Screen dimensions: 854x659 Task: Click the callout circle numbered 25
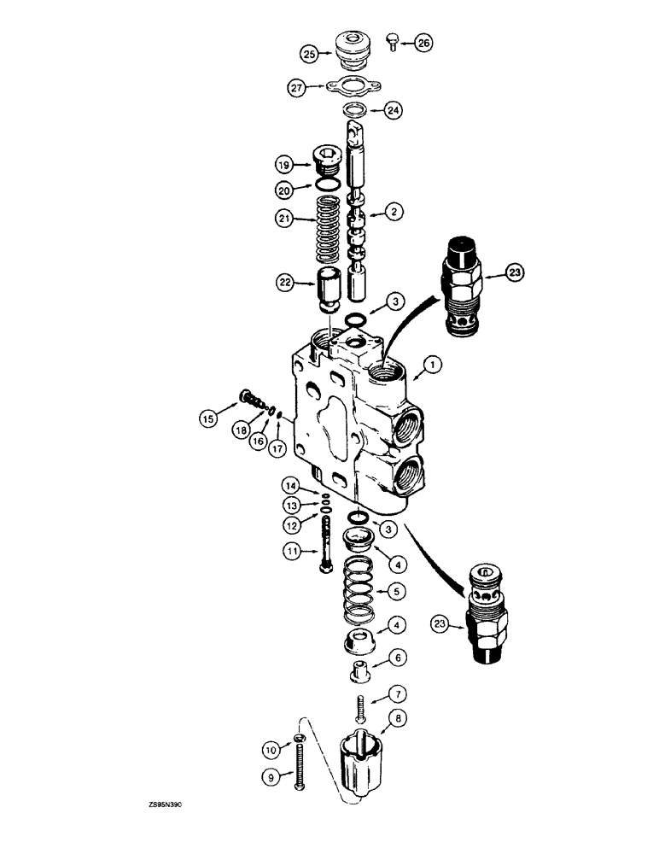[309, 53]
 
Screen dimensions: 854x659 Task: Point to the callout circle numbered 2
[394, 210]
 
